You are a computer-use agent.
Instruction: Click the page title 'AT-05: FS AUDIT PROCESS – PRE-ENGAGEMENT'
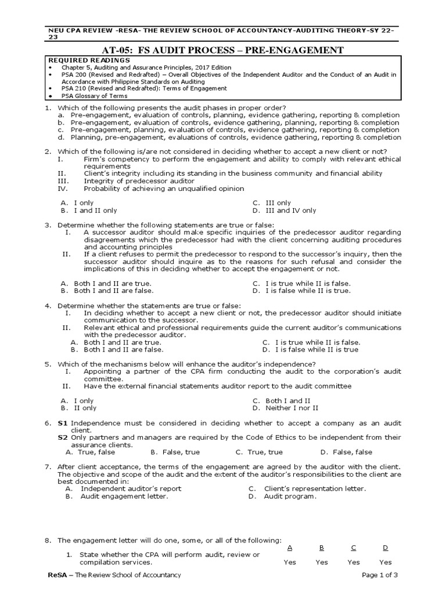pos(223,50)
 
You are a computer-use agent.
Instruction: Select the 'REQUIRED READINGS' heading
pos(81,60)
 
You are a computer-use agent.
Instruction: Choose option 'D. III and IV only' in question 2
pos(285,211)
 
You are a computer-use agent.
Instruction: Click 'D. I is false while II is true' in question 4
pos(310,350)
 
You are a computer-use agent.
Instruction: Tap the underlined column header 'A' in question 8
pos(290,548)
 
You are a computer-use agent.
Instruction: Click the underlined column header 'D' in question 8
pos(385,548)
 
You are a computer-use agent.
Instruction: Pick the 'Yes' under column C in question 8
pos(353,562)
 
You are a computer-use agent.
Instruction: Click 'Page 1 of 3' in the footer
pos(380,575)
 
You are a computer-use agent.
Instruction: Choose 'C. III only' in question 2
pos(272,203)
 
